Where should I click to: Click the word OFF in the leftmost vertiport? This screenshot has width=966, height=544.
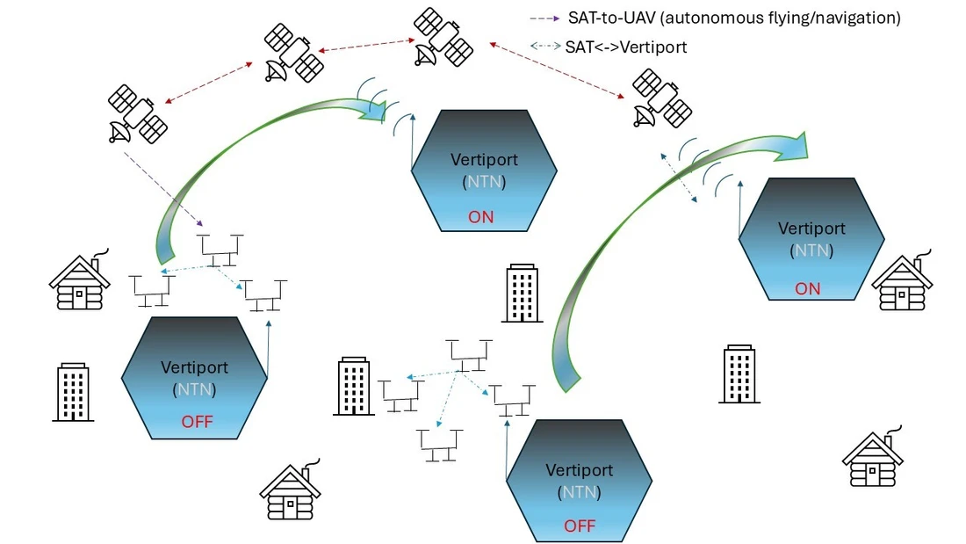tap(197, 421)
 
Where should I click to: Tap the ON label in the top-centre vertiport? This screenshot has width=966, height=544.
tap(481, 216)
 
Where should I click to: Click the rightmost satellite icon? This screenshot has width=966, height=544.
tap(662, 98)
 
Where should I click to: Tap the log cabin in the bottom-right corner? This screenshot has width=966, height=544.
tap(872, 459)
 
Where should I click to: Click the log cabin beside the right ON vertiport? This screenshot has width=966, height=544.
tap(901, 282)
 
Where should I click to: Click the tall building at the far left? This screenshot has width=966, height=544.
tap(73, 392)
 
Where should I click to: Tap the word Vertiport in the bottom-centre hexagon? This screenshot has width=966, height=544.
tap(580, 470)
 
